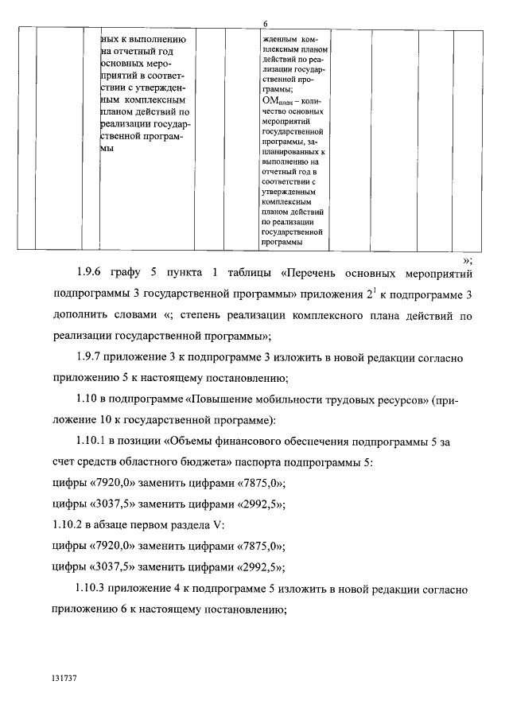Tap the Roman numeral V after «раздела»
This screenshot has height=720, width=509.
222,527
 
